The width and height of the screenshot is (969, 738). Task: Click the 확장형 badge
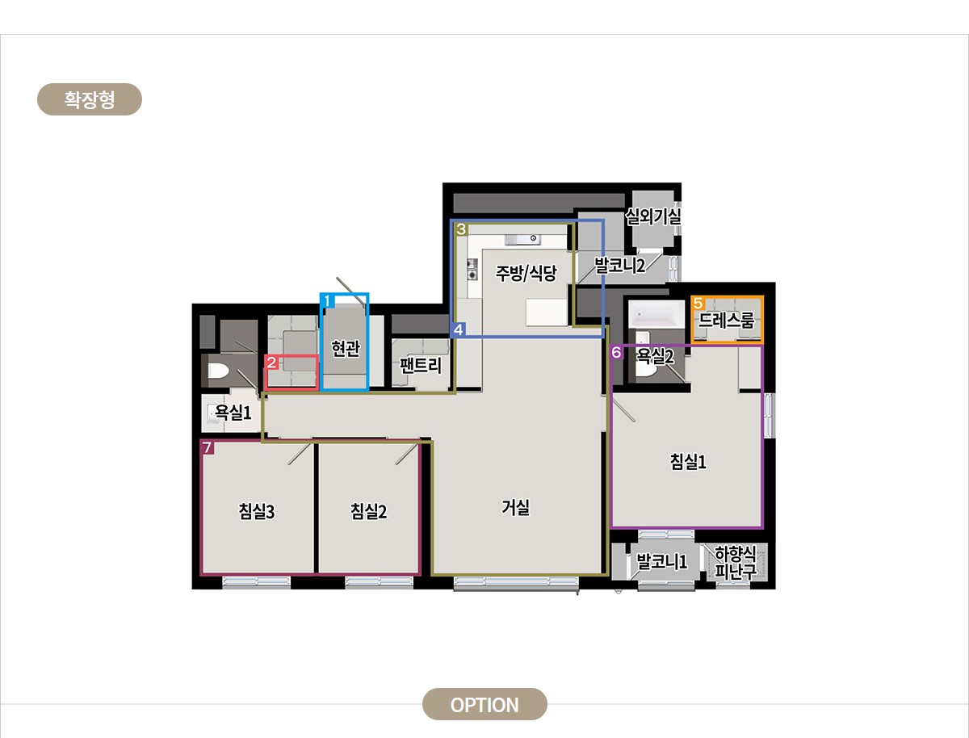point(90,99)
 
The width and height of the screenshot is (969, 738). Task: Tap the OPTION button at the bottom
point(484,705)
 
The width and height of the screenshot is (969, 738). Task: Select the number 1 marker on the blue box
point(327,301)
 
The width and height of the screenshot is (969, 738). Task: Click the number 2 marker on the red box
point(271,363)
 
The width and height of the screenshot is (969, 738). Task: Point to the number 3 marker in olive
point(461,229)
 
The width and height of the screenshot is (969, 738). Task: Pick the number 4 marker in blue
point(458,329)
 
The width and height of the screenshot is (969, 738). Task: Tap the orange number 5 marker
point(698,303)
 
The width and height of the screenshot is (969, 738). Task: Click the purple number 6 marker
point(616,352)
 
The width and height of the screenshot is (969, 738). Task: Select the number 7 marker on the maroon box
point(207,447)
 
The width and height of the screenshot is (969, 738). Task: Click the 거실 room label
point(516,507)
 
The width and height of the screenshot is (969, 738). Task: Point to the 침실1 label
point(688,462)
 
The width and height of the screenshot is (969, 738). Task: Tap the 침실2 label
point(368,511)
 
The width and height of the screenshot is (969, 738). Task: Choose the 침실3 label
point(257,511)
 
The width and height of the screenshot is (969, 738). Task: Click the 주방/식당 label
point(526,273)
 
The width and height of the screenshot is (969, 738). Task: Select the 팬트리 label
point(420,366)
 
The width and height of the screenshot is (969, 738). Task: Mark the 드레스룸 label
point(726,320)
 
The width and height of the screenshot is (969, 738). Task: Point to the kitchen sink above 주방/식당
point(522,239)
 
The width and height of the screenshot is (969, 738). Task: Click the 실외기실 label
point(653,216)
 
